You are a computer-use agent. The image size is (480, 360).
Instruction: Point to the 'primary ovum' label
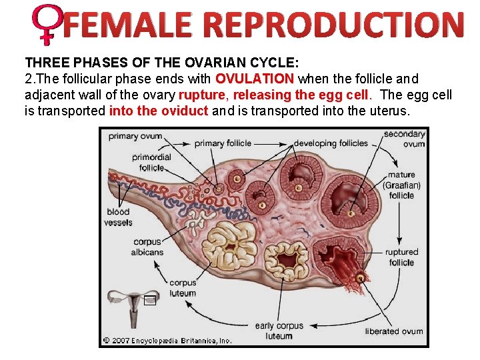click(135, 136)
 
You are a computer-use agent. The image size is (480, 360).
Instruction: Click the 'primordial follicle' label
click(151, 162)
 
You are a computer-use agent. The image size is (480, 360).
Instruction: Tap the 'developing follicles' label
click(331, 143)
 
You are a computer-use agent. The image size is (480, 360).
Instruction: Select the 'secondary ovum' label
click(404, 139)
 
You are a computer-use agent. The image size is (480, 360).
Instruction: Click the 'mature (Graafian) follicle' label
click(401, 185)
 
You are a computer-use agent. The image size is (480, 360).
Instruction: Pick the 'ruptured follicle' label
click(401, 257)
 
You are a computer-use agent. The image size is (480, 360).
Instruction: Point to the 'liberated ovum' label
click(394, 331)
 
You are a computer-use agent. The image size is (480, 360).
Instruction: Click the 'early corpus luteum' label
click(279, 331)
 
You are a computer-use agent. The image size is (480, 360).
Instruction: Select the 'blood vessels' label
click(118, 217)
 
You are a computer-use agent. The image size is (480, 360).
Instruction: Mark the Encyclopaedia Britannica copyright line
click(167, 341)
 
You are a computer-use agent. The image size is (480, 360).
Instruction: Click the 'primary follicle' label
click(223, 143)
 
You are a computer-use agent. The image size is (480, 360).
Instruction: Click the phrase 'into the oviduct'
click(159, 111)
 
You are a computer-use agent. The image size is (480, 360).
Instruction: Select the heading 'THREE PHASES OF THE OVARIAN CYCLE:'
click(162, 63)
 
